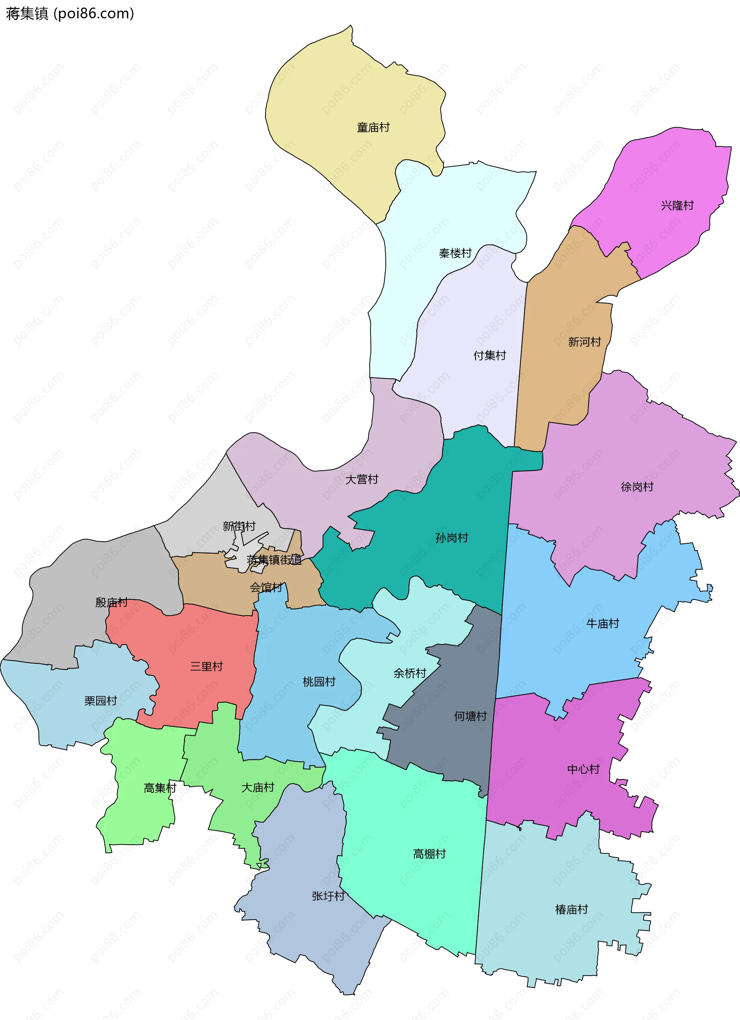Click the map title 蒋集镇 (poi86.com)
coord(70,13)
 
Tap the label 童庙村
coord(373,128)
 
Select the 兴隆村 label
coord(677,205)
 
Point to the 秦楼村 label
coord(455,253)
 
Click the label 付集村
coord(489,356)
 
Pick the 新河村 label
coord(584,342)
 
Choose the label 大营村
coord(362,480)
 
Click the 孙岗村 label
coord(451,538)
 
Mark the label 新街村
coord(239,526)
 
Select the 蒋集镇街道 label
coord(274,560)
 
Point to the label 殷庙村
coord(111,603)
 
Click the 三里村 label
coord(206,667)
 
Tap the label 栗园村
coord(101,701)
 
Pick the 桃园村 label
coord(319,682)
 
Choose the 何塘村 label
coord(470,716)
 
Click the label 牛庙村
coord(602,624)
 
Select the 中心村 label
coord(584,769)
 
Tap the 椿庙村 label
coord(572,910)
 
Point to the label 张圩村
coord(328,896)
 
